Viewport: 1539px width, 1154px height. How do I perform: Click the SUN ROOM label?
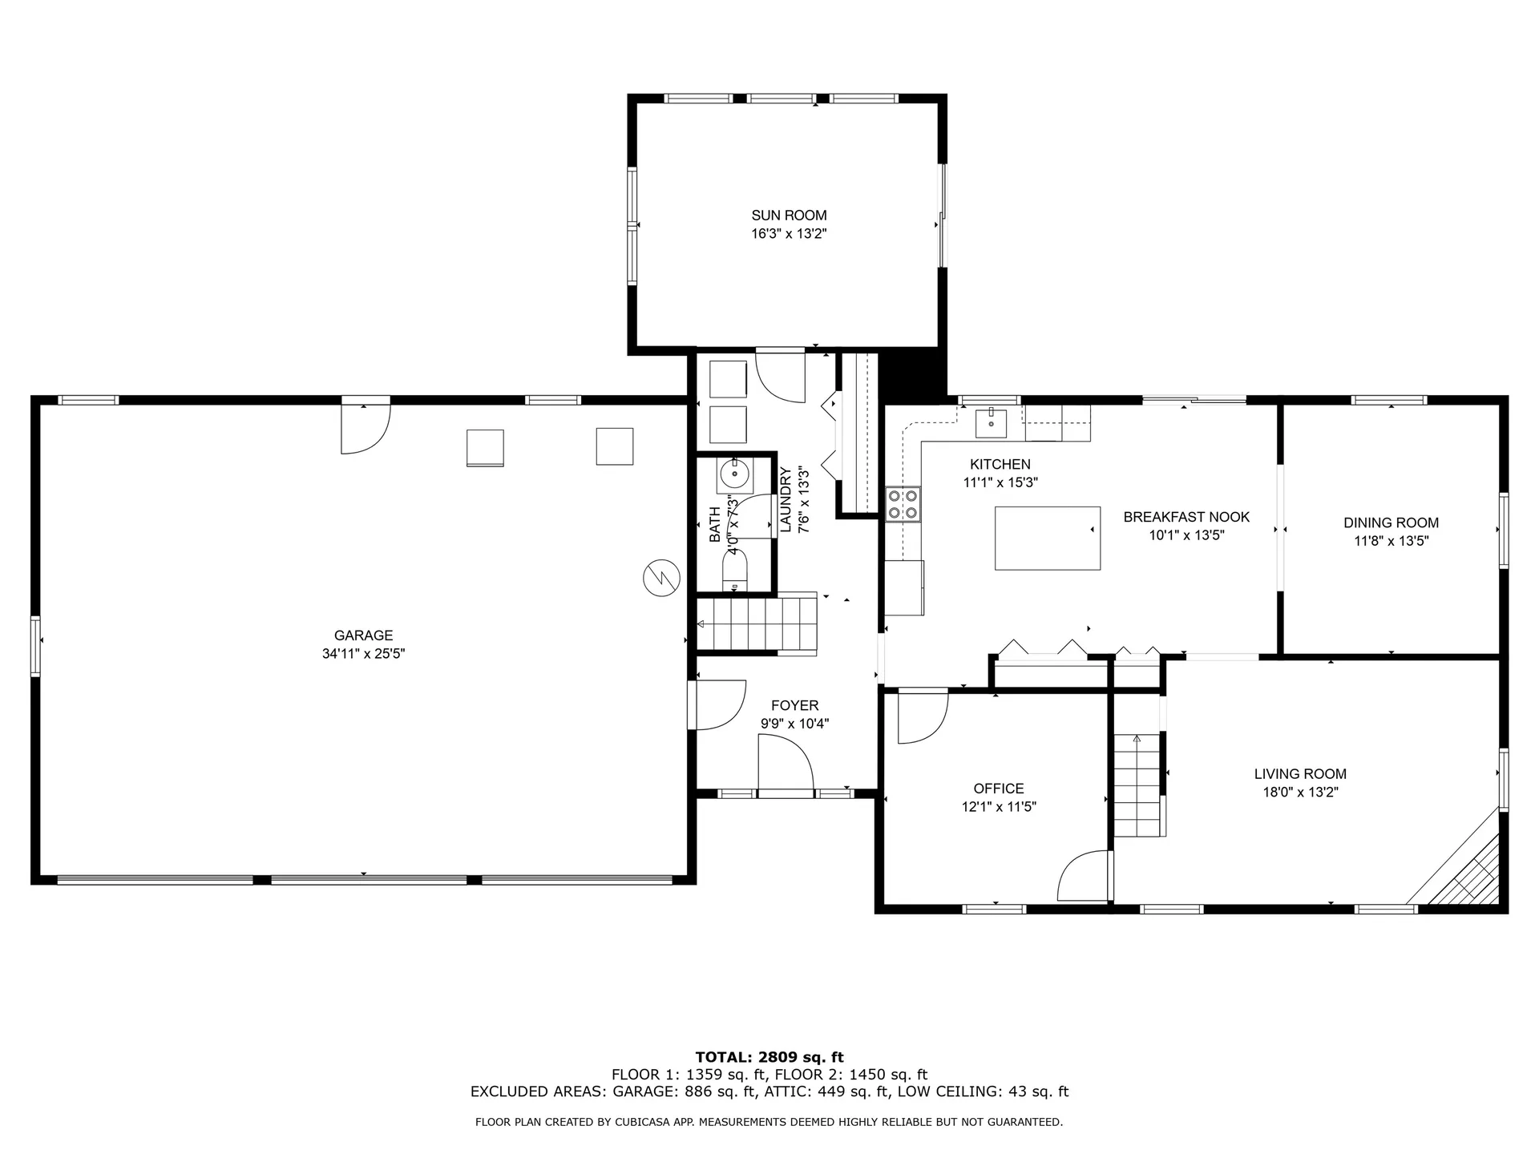[x=789, y=215]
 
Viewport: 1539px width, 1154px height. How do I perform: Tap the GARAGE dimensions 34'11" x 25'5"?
[x=363, y=654]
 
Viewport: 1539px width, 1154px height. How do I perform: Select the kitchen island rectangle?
[x=1047, y=538]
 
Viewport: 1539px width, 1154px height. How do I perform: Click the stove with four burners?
[x=903, y=504]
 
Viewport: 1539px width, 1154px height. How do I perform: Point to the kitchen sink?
[x=992, y=422]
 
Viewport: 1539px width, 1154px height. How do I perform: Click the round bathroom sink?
[x=734, y=475]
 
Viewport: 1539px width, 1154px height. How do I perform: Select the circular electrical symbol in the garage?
[x=661, y=577]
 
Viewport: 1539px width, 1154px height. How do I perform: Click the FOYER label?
[x=794, y=705]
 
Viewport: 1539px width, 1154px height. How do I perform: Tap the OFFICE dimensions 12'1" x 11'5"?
[x=999, y=807]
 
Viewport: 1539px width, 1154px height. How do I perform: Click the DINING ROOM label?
[x=1391, y=523]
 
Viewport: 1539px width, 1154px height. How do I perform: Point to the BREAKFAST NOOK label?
[x=1186, y=517]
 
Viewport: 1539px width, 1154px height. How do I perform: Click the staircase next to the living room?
[x=1137, y=785]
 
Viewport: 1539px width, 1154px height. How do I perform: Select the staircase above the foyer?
[x=756, y=623]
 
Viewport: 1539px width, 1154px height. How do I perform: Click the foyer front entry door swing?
[x=786, y=765]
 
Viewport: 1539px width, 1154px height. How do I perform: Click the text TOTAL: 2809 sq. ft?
[x=769, y=1057]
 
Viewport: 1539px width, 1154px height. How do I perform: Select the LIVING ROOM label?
[x=1299, y=773]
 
